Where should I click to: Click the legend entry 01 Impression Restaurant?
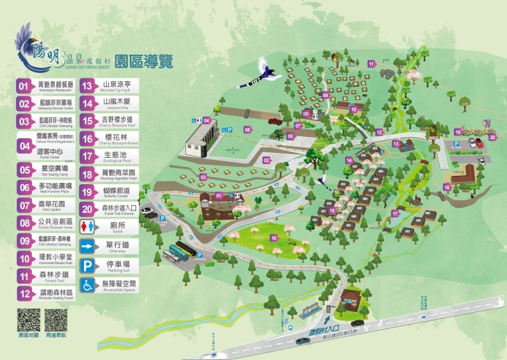click(46, 86)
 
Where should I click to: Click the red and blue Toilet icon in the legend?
click(88, 227)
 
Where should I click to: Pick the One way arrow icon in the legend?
click(88, 246)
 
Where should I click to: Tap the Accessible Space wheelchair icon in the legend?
click(88, 285)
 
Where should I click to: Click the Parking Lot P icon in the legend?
click(88, 265)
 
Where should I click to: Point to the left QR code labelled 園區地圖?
click(27, 321)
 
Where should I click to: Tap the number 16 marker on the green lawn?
click(274, 238)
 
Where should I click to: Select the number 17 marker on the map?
click(394, 214)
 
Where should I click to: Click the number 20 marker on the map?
click(492, 137)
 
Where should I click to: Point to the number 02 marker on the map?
click(266, 160)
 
